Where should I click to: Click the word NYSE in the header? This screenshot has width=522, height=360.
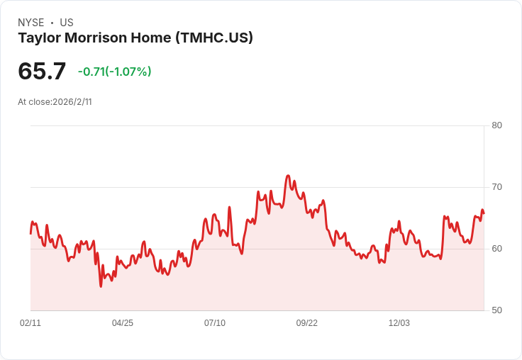(x=30, y=23)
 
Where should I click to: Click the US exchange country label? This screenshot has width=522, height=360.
(x=67, y=23)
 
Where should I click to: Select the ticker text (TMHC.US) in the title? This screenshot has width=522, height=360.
(x=213, y=38)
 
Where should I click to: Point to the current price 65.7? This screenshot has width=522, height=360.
(x=42, y=71)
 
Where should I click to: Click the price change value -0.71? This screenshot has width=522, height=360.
(x=91, y=72)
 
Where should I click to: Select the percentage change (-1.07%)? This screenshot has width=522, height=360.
(x=128, y=72)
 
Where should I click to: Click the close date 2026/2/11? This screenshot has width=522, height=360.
(x=72, y=102)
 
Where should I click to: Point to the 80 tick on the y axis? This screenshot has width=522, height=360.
(x=496, y=125)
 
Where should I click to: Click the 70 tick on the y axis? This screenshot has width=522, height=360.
(x=496, y=187)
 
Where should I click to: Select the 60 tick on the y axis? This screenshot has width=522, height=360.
(x=496, y=249)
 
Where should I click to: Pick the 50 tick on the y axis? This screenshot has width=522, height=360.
(x=496, y=310)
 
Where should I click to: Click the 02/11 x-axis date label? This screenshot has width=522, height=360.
(x=30, y=323)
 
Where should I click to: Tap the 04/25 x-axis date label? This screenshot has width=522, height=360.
(x=123, y=323)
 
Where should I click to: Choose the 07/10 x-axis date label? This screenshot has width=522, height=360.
(x=215, y=323)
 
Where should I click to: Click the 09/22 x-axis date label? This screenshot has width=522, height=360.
(x=307, y=323)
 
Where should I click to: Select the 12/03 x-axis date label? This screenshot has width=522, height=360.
(x=399, y=323)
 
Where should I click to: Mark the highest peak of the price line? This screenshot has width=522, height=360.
(x=288, y=175)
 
